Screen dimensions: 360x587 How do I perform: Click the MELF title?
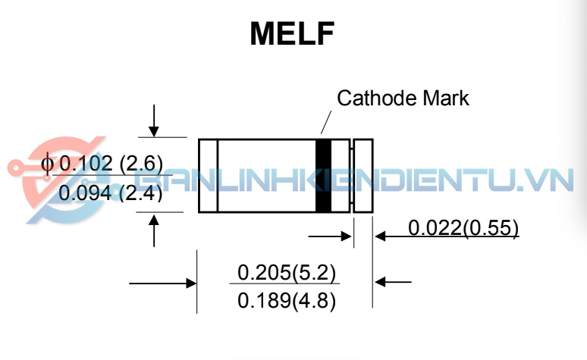tap(293, 35)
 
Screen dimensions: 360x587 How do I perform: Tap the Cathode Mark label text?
tap(403, 98)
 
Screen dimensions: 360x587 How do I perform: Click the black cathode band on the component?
tap(324, 176)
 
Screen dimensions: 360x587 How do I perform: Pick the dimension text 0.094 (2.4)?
tap(111, 193)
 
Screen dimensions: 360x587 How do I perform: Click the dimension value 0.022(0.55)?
tap(463, 227)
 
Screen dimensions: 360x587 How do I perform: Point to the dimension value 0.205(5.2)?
tap(287, 271)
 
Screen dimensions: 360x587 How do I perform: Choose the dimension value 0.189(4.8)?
tap(287, 300)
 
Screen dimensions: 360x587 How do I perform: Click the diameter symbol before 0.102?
tap(48, 164)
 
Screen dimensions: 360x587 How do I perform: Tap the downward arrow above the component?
tap(154, 121)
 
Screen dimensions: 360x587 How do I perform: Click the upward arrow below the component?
tap(154, 230)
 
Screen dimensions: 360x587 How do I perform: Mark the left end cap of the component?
tap(208, 176)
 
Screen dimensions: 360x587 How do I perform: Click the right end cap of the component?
tap(363, 176)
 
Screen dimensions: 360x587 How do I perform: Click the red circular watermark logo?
tap(53, 182)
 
